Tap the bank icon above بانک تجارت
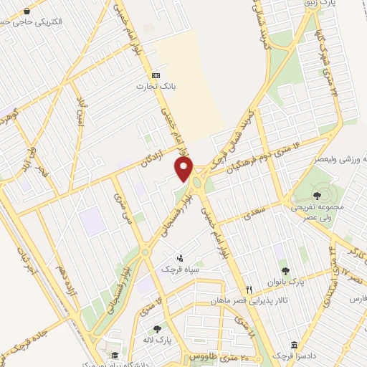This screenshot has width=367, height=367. pyautogui.click(x=156, y=75)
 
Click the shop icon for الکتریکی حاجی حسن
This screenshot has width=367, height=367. pyautogui.click(x=27, y=11)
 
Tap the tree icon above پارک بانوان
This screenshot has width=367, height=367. pyautogui.click(x=286, y=270)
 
